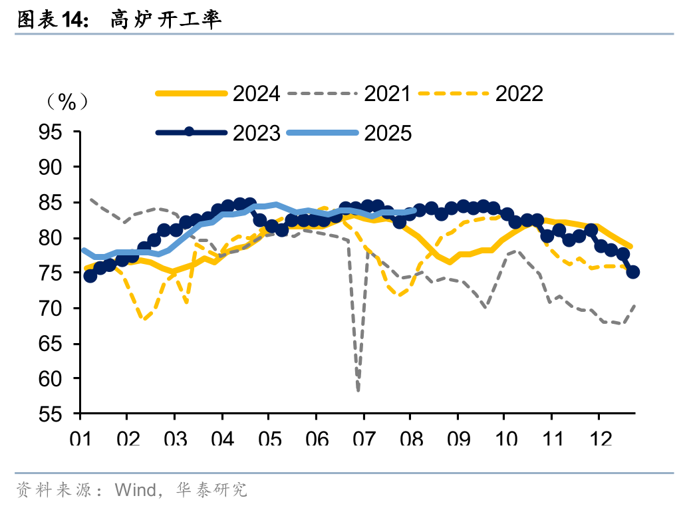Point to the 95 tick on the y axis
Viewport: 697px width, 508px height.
click(x=59, y=132)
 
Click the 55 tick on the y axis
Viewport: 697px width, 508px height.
click(x=59, y=414)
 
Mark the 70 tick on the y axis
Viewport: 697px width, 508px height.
click(x=59, y=309)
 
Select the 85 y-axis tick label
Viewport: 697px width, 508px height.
click(x=59, y=203)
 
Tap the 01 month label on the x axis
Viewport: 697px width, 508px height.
click(x=80, y=440)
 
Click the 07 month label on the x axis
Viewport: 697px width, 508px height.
click(x=363, y=440)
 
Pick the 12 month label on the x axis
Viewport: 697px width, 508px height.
click(x=599, y=440)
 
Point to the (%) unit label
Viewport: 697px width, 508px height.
click(x=67, y=102)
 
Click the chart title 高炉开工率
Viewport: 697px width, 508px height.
click(x=166, y=20)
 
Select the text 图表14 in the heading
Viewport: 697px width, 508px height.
click(x=50, y=20)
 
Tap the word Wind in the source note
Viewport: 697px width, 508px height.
click(x=136, y=491)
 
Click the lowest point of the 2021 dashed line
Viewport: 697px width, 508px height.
click(x=358, y=390)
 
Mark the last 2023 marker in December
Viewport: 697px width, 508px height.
click(x=633, y=271)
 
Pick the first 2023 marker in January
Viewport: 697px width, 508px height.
click(x=90, y=275)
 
